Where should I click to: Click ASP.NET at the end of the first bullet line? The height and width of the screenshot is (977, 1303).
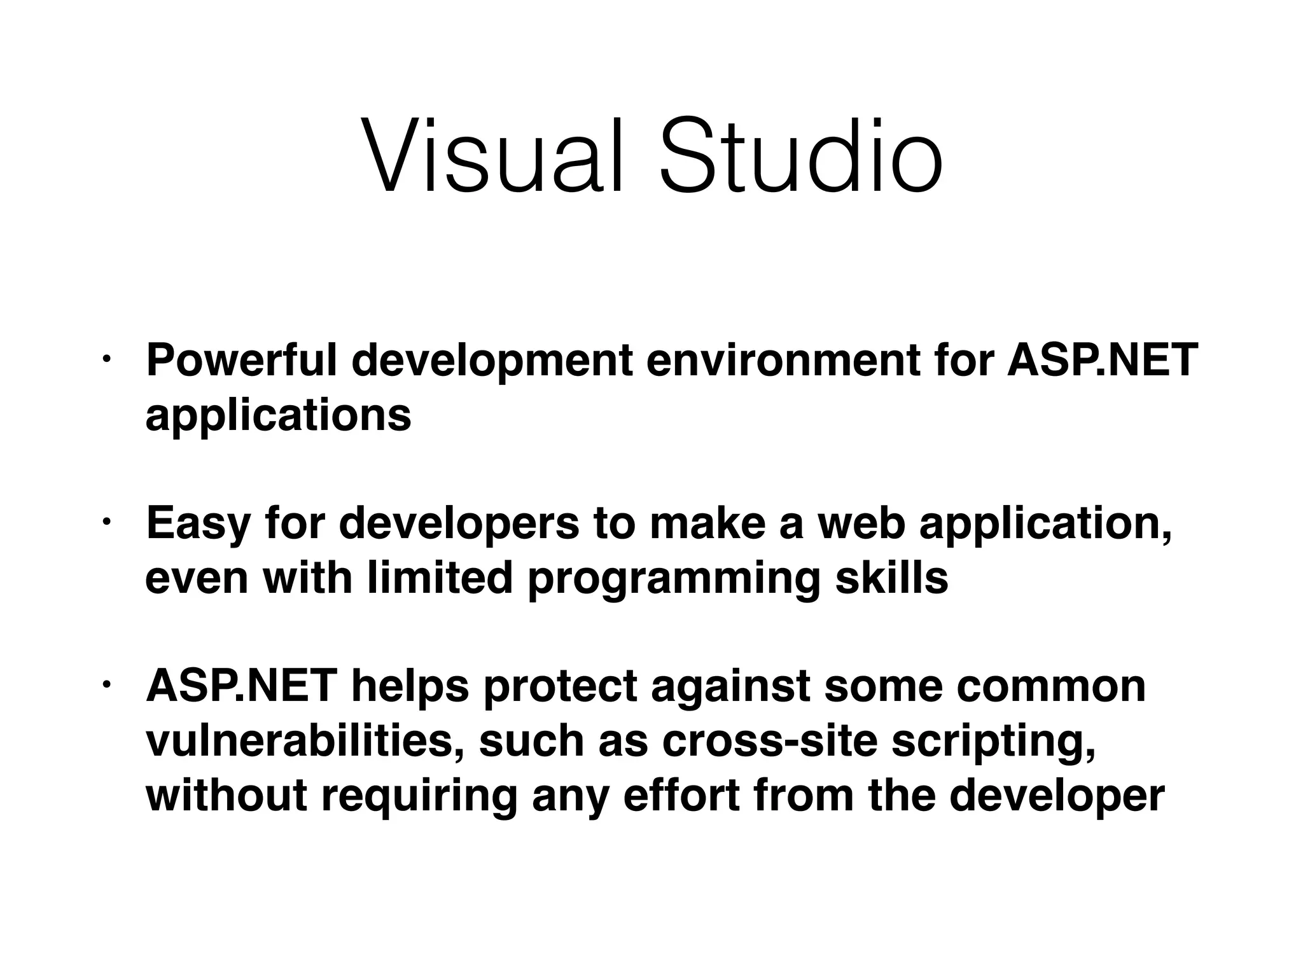(x=1102, y=361)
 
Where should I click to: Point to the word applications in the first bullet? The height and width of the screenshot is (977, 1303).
(x=278, y=416)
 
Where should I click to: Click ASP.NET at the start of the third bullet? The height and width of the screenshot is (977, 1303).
(x=241, y=687)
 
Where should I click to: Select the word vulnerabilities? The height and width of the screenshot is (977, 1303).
(x=305, y=742)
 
